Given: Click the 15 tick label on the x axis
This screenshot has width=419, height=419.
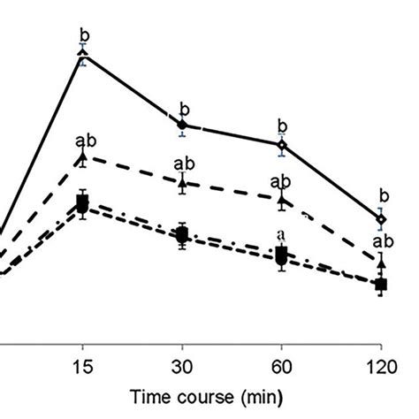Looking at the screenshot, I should click(82, 363).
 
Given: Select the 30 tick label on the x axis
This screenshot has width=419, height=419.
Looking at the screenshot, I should click(182, 363).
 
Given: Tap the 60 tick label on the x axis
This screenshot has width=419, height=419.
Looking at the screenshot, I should click(282, 363).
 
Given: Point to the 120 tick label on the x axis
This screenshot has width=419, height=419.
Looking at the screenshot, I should click(381, 363).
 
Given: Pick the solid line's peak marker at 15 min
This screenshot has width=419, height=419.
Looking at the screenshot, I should click(83, 54).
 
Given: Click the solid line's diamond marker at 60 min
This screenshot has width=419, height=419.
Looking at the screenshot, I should click(282, 144).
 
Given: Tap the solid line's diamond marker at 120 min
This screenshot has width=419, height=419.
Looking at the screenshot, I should click(381, 218).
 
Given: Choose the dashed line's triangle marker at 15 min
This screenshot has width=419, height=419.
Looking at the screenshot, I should click(83, 157).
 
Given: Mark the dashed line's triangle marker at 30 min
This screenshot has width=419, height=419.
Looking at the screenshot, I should click(182, 182).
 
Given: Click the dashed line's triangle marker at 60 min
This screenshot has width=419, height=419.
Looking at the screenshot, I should click(282, 201).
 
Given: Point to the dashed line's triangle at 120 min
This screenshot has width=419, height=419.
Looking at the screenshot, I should click(381, 261).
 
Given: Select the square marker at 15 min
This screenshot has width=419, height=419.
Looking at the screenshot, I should click(83, 204).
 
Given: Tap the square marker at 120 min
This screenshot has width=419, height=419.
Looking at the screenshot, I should click(381, 284).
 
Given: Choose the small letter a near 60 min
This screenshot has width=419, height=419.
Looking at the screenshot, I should click(281, 234).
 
